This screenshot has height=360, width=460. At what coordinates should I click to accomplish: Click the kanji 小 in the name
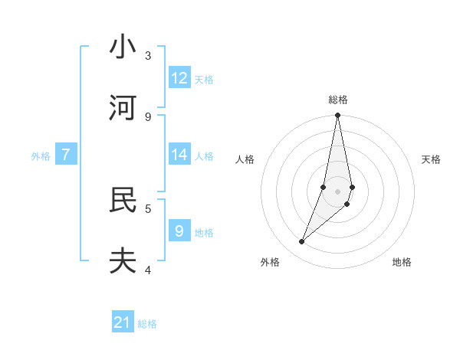point(123,47)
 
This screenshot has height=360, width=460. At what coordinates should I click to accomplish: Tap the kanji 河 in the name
point(123,108)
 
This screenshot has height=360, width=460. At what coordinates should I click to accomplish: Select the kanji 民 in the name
point(123,200)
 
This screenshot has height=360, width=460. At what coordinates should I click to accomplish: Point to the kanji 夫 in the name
point(123,261)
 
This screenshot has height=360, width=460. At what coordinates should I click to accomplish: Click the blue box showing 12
point(179,78)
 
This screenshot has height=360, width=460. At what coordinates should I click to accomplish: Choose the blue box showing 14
point(179,155)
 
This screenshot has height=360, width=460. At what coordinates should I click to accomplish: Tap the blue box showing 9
point(179,231)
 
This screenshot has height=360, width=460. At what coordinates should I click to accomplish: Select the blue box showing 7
point(66,155)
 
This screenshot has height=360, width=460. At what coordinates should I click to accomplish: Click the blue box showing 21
point(123,322)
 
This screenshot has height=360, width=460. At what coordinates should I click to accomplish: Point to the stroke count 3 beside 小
point(148,55)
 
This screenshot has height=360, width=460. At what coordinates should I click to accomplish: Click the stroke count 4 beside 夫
point(148,270)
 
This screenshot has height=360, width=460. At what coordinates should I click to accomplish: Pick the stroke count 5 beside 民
point(148,208)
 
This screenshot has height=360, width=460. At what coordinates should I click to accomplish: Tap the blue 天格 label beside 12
point(204,80)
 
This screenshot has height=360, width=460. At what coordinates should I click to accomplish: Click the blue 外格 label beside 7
point(41,156)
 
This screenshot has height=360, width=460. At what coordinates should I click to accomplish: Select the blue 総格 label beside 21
point(147,324)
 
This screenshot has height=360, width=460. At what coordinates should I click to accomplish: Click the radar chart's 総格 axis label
point(338,100)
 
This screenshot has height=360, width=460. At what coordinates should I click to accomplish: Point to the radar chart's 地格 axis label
point(402,262)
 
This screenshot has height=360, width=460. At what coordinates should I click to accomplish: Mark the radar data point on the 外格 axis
point(301,242)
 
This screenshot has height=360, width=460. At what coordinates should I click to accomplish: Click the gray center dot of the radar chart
point(338,191)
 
